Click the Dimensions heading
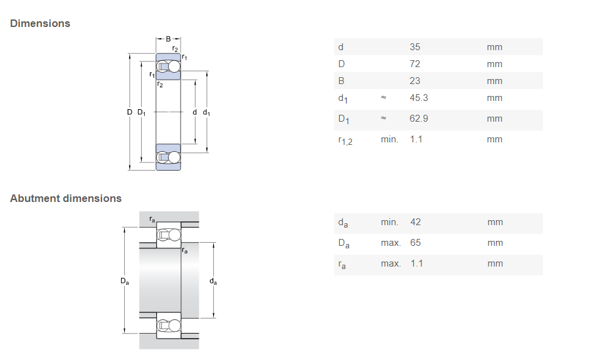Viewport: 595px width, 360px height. pyautogui.click(x=40, y=24)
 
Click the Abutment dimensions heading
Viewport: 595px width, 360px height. pyautogui.click(x=66, y=199)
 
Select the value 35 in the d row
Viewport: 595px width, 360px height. pyautogui.click(x=415, y=47)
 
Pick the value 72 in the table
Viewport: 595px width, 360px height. pyautogui.click(x=415, y=64)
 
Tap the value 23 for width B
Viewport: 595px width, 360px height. pyautogui.click(x=415, y=81)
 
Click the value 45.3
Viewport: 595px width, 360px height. pyautogui.click(x=419, y=98)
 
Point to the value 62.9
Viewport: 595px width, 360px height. pyautogui.click(x=419, y=119)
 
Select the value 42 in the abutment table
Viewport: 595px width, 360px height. pyautogui.click(x=416, y=222)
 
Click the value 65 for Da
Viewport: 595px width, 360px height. pyautogui.click(x=416, y=243)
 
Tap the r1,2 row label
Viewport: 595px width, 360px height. pyautogui.click(x=345, y=140)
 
